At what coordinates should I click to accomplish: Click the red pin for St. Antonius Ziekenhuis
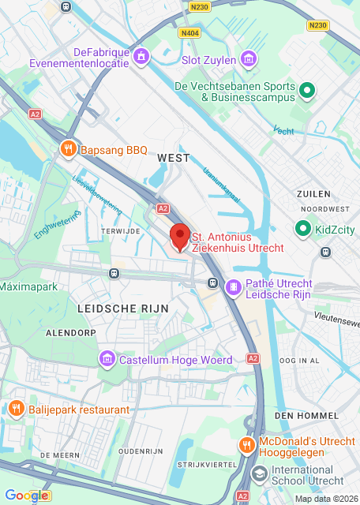coord(180,236)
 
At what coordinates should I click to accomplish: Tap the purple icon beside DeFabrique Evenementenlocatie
coord(141,57)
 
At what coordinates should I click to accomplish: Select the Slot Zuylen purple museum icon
coord(249,60)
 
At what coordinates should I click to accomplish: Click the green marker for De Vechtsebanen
coord(308,92)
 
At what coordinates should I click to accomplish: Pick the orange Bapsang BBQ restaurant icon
coord(69,149)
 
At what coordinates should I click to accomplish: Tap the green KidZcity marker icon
coord(302,230)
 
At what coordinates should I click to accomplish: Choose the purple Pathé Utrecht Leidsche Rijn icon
coord(234,288)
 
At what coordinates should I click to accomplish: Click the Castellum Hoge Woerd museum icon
coord(107,360)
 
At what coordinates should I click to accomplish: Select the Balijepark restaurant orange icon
coord(16,409)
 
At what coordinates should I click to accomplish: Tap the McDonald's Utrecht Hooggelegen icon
coord(247,445)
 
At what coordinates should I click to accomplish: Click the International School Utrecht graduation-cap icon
coord(259,473)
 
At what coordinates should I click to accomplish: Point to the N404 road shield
coord(189,33)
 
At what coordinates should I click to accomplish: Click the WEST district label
coord(174,158)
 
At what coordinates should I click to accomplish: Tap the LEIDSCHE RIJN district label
coord(112,308)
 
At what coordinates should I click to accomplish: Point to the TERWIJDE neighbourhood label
coord(120,230)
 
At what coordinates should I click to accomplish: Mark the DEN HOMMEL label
coord(306,415)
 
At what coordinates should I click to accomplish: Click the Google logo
coord(26,496)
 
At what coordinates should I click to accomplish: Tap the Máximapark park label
coord(29,286)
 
